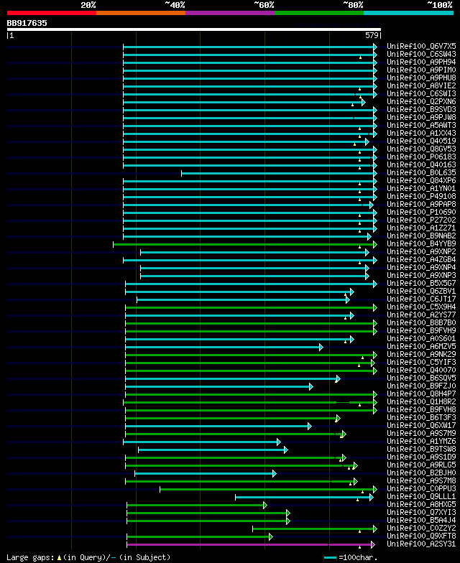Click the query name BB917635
27,23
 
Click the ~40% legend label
175,4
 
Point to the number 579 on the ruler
372,35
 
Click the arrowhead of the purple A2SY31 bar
372,544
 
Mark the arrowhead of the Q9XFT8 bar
270,536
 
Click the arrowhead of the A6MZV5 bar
321,347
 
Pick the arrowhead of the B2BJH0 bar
274,473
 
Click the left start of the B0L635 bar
181,172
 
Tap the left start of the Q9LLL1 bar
236,497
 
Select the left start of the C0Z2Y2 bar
252,529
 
